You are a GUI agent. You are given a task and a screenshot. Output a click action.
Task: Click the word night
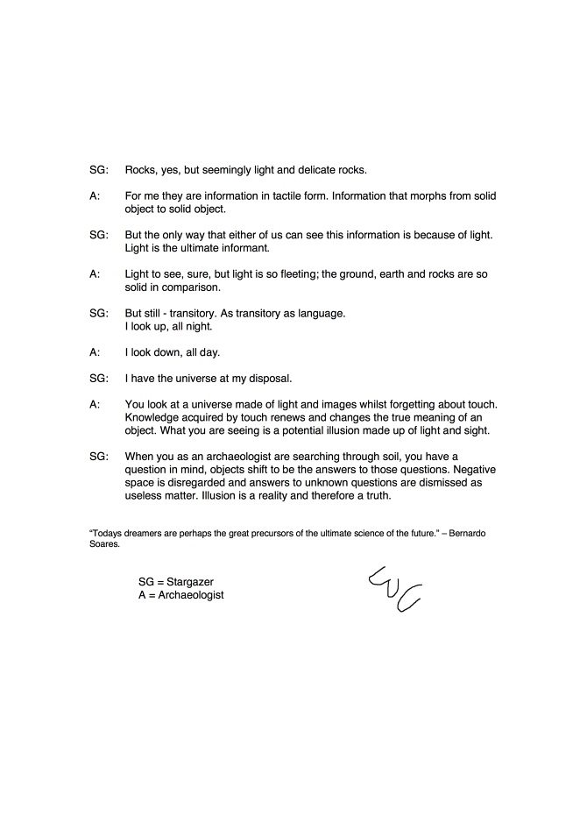pos(198,326)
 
